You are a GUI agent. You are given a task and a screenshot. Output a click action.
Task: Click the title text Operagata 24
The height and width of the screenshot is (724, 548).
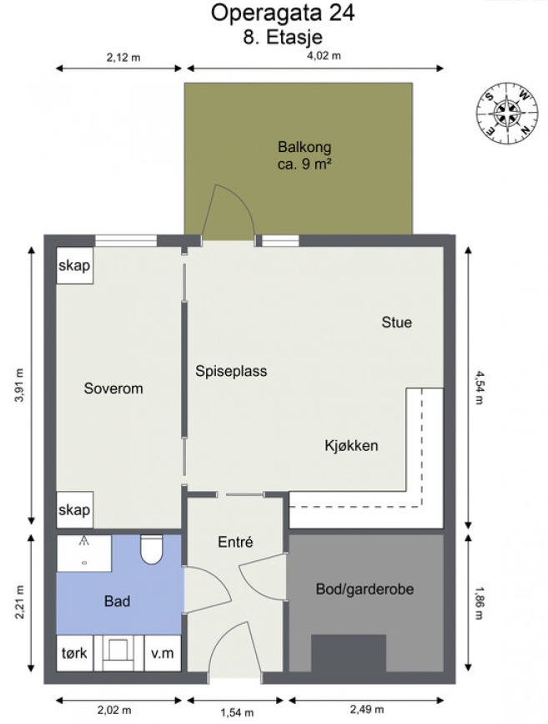click(282, 13)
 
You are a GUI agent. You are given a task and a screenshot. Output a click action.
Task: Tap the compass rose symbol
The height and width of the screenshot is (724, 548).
click(507, 113)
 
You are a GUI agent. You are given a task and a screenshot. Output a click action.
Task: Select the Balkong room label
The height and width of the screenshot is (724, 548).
click(304, 147)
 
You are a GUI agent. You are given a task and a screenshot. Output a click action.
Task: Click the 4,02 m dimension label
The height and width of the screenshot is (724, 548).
click(324, 56)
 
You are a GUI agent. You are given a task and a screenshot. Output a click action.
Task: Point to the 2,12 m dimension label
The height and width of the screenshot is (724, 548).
click(123, 58)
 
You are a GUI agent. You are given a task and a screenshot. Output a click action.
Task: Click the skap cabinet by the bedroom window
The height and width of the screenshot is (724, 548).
click(75, 266)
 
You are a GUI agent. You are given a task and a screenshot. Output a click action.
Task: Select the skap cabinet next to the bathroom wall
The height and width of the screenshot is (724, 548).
click(75, 509)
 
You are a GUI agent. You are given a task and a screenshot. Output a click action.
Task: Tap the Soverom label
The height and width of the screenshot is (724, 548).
click(113, 388)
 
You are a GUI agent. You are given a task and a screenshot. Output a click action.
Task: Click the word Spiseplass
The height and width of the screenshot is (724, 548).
click(231, 372)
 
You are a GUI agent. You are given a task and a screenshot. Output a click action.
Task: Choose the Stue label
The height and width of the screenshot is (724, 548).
click(397, 322)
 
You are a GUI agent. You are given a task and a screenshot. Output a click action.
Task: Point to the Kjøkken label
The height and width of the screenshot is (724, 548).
click(351, 446)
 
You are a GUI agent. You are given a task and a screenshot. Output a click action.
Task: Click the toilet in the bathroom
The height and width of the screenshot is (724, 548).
click(151, 549)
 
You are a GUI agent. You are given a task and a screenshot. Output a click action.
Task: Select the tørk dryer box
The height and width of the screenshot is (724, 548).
click(75, 653)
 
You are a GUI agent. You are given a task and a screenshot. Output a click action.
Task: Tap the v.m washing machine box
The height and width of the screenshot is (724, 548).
click(163, 653)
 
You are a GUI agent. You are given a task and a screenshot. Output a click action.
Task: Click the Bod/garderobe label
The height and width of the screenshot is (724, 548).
click(364, 590)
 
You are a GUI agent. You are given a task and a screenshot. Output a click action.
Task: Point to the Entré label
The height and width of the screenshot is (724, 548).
click(235, 542)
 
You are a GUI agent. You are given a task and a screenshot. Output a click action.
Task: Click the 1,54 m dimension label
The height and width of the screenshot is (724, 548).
click(237, 713)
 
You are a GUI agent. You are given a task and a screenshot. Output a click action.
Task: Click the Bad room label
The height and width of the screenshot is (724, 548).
click(117, 601)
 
